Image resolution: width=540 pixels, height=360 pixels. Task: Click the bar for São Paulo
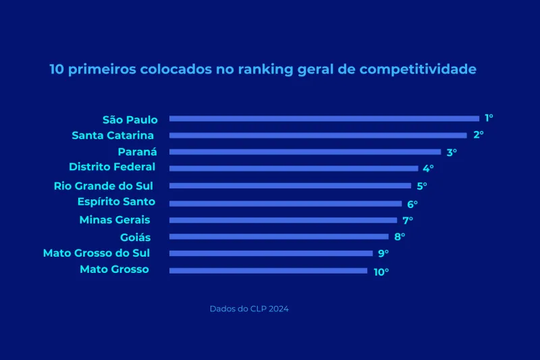(324, 118)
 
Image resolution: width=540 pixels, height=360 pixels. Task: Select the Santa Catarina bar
(318, 135)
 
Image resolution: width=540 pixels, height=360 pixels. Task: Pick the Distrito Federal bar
(294, 168)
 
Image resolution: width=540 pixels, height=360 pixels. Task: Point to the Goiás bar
(279, 236)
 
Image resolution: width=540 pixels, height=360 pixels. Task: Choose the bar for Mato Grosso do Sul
(271, 253)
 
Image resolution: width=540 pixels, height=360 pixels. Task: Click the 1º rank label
(489, 118)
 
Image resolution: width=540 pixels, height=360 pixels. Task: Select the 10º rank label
(381, 272)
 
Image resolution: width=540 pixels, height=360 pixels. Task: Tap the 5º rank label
(422, 186)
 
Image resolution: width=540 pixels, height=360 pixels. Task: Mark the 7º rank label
(408, 220)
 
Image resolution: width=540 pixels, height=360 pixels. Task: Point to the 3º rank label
(452, 152)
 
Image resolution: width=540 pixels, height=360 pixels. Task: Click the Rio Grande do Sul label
(104, 186)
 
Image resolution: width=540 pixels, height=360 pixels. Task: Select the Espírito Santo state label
(116, 202)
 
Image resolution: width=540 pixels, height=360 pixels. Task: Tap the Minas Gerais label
(114, 220)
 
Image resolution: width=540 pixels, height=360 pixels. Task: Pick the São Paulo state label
(130, 120)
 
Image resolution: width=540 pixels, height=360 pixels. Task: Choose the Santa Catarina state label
(113, 135)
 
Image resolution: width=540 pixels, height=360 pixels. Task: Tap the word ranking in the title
(266, 70)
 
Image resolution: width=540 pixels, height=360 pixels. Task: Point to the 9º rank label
(383, 254)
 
